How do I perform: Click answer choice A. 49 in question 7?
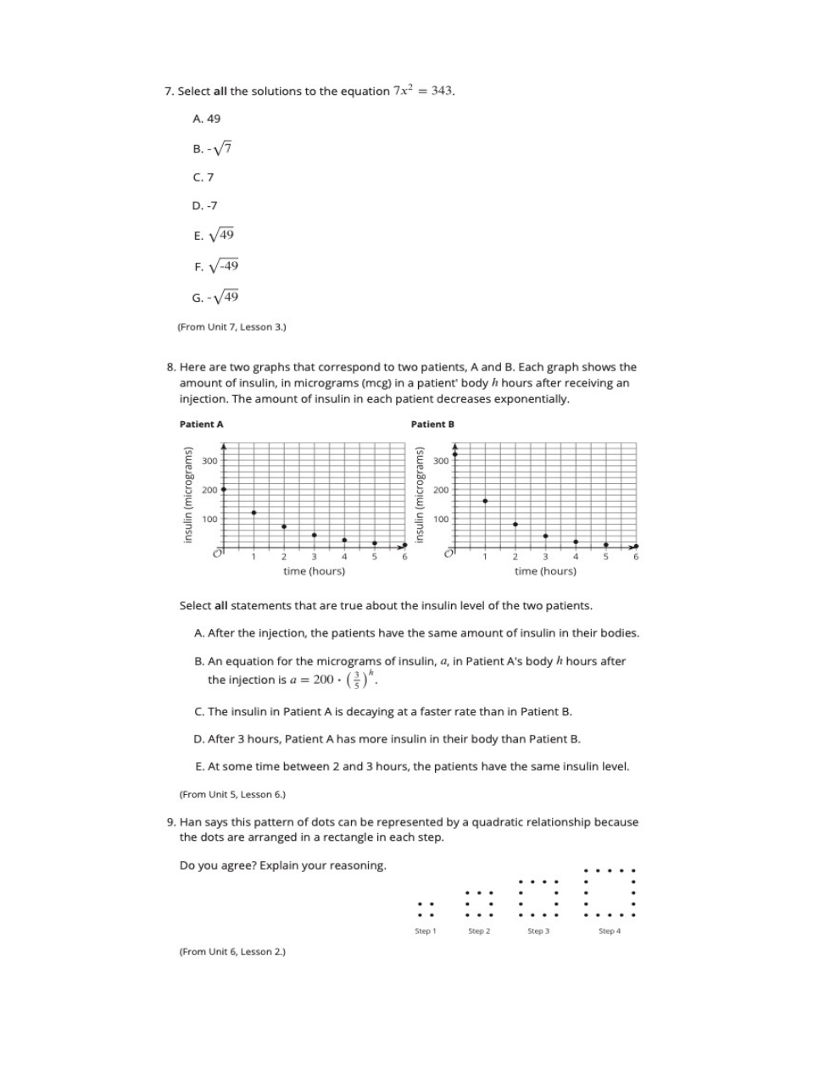click(x=206, y=119)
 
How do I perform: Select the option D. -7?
click(x=204, y=206)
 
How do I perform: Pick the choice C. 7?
click(x=203, y=177)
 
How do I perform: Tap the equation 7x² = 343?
click(x=423, y=91)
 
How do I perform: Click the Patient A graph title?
click(x=202, y=424)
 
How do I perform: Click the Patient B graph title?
click(x=432, y=424)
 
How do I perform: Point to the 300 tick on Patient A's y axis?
click(x=209, y=460)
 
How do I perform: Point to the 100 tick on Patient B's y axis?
click(x=441, y=519)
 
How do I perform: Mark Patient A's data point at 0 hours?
click(x=224, y=489)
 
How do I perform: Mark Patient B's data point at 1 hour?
click(x=485, y=501)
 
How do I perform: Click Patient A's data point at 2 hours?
click(x=284, y=526)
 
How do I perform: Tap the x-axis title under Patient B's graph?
click(x=545, y=571)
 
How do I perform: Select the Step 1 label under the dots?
click(x=425, y=931)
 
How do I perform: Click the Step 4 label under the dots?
click(x=609, y=931)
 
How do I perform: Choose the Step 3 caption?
click(x=538, y=931)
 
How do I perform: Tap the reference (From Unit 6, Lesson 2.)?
click(x=232, y=952)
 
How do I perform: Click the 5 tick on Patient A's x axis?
click(x=375, y=557)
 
